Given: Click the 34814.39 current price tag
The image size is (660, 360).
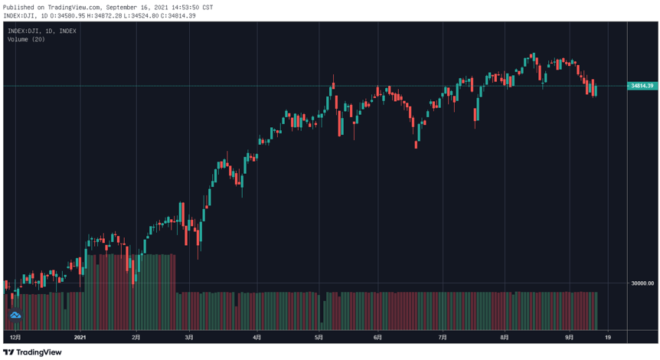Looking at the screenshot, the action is tap(642, 86).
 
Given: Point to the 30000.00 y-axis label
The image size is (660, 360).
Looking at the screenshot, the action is tap(642, 283).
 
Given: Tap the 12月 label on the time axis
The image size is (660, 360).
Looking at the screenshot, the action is tap(15, 337).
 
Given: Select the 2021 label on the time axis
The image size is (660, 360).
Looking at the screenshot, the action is tap(80, 337).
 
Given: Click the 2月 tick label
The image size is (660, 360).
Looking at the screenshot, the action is tap(136, 337).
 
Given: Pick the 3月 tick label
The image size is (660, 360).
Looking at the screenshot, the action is tap(189, 337).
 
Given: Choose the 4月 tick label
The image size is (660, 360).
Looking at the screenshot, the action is tap(257, 337).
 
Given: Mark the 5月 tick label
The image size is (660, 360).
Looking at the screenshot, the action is tap(319, 337).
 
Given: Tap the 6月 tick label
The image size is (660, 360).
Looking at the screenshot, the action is tap(378, 337).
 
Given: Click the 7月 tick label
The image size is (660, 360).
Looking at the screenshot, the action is tap(443, 337).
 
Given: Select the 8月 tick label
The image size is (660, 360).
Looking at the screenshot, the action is tap(505, 337).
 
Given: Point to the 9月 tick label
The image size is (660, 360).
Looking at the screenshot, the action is tap(569, 337).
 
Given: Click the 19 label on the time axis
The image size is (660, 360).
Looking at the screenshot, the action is tap(608, 337).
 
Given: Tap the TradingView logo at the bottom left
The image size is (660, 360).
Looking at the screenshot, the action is tap(32, 352).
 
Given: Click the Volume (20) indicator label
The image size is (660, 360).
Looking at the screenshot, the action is tap(26, 40).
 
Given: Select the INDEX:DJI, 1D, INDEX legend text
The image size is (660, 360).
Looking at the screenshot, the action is tap(42, 31).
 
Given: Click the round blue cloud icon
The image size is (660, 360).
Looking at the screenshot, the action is tap(15, 315).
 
